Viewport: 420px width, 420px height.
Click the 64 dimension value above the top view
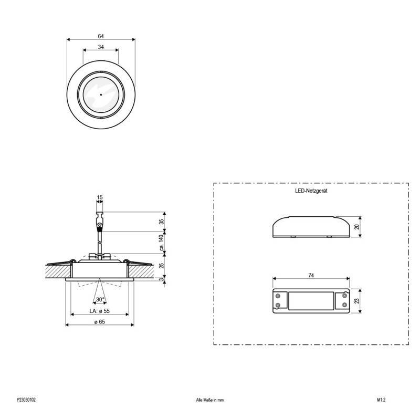(101, 36)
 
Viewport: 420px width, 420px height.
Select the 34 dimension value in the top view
(101, 47)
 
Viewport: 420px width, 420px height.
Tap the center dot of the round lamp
(101, 94)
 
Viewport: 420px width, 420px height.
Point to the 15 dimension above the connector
(100, 197)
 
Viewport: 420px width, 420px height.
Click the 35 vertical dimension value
(161, 222)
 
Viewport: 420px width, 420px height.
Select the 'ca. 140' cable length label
(161, 243)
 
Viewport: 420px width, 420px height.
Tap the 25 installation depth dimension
(161, 266)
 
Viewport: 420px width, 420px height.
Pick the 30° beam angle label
(100, 299)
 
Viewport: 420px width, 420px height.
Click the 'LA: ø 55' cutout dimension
(100, 311)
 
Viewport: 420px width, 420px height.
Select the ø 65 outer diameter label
(100, 322)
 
